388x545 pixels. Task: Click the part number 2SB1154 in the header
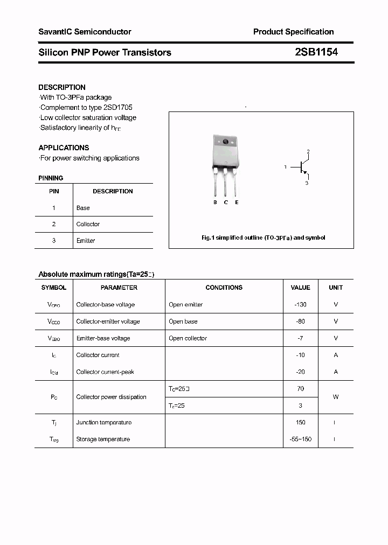pos(316,52)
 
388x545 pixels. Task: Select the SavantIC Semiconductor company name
pos(85,32)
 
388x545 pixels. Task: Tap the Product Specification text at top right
pos(293,32)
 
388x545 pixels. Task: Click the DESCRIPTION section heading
pos(62,87)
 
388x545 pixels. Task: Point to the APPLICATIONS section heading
pos(64,148)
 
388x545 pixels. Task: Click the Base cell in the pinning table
pos(83,208)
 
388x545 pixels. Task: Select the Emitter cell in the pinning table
pos(86,241)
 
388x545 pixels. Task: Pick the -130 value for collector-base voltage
pos(300,304)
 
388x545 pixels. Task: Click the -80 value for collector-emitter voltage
pos(300,322)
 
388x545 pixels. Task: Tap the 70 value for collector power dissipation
pos(300,388)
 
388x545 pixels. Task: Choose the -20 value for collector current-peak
pos(300,372)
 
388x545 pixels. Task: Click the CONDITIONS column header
pos(224,288)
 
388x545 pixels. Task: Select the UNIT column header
pos(336,288)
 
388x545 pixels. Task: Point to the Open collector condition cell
pos(188,338)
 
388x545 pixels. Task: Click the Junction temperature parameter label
pos(103,422)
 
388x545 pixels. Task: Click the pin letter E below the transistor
pos(237,202)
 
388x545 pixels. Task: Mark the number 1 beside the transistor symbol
pos(285,167)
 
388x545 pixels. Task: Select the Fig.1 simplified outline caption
pos(263,237)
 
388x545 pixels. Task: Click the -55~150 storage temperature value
pos(300,439)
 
